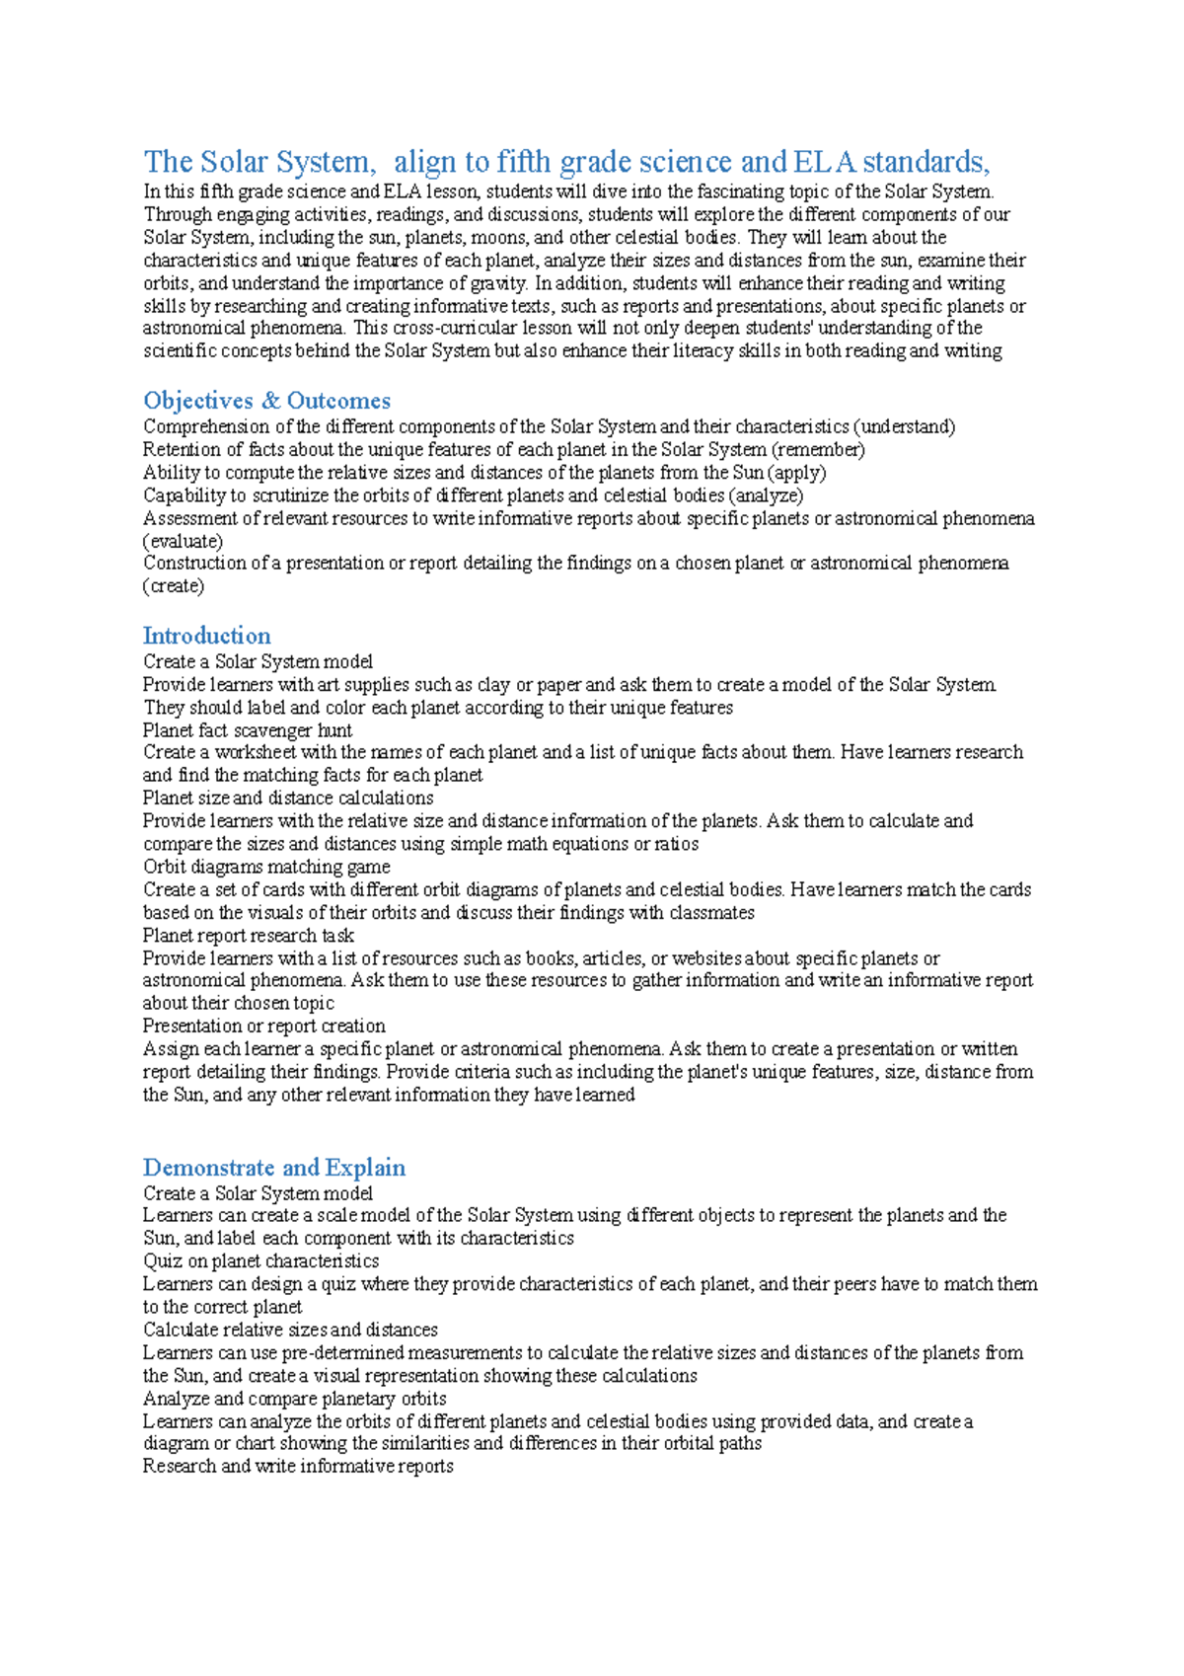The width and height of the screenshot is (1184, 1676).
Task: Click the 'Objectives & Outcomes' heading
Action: (x=266, y=401)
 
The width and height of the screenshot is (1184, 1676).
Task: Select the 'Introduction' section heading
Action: (x=206, y=636)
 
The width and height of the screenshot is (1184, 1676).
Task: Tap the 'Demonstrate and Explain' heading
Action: (x=274, y=1168)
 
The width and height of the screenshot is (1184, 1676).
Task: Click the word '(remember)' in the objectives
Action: (x=818, y=450)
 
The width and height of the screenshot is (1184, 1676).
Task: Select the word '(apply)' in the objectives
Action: (x=796, y=473)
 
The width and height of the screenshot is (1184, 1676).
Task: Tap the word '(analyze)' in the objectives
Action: (x=766, y=495)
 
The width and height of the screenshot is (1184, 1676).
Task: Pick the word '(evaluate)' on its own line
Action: (x=183, y=541)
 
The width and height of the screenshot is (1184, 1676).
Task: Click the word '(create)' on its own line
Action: (x=174, y=586)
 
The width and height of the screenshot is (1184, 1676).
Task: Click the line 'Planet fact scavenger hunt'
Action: (x=248, y=730)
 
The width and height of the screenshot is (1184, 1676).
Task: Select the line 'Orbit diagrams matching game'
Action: (x=266, y=867)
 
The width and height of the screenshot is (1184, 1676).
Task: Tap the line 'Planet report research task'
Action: (x=248, y=936)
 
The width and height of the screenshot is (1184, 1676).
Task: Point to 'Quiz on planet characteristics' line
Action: (x=260, y=1261)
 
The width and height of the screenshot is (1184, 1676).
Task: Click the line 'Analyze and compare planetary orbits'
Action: (x=294, y=1399)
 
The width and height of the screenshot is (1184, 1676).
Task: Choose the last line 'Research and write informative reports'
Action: (x=298, y=1467)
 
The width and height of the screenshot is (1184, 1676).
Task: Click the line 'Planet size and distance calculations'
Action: (x=288, y=799)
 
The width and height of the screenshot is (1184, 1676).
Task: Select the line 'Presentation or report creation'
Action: (x=263, y=1027)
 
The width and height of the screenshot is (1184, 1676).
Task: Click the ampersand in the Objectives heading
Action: (x=270, y=401)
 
